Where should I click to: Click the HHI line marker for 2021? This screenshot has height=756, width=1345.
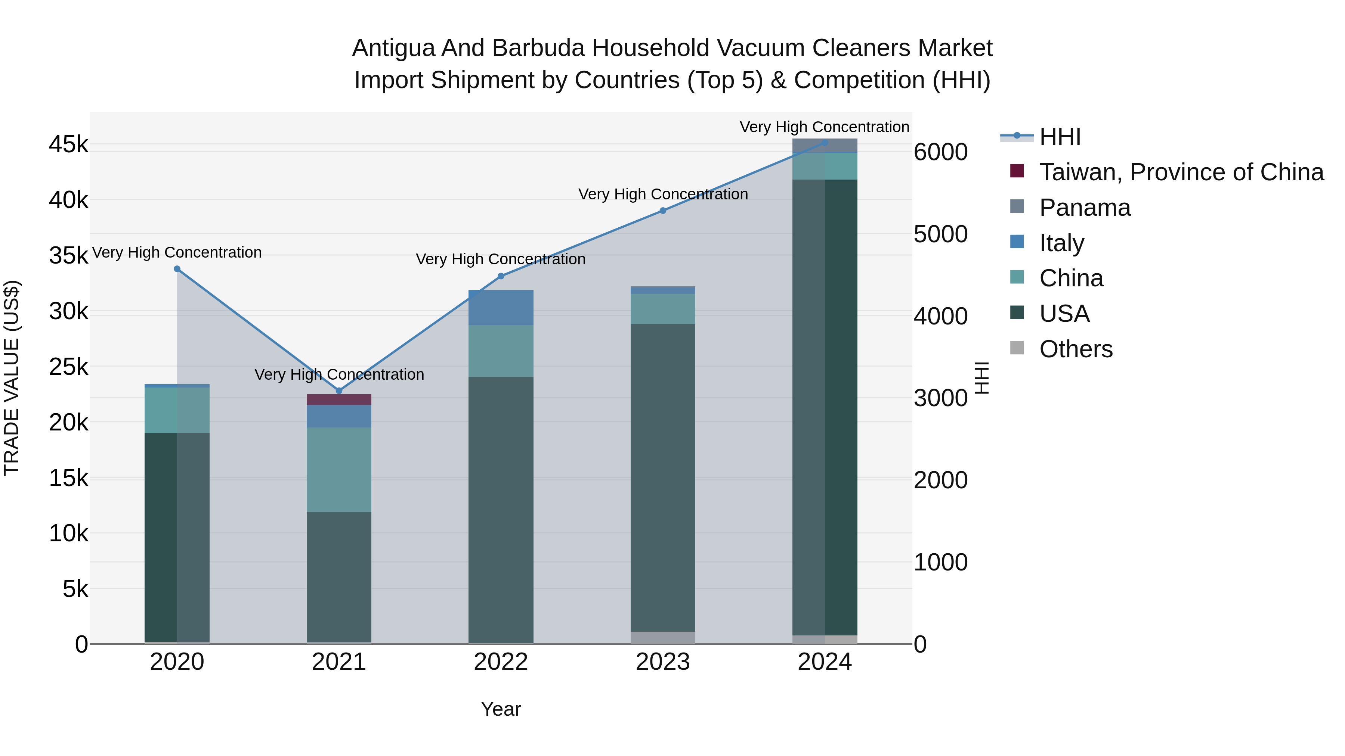click(x=339, y=390)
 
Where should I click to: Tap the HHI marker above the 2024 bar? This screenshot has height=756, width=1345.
click(x=825, y=143)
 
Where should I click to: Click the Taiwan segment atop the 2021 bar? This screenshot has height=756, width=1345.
click(x=339, y=399)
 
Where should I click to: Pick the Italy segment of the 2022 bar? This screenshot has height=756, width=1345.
click(x=501, y=308)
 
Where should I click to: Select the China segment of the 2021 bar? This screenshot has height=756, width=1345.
click(x=339, y=470)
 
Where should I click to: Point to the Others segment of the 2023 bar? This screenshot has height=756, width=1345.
click(x=662, y=638)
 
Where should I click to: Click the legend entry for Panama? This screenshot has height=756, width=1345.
click(x=1085, y=208)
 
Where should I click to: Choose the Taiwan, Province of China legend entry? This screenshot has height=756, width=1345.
click(x=1181, y=172)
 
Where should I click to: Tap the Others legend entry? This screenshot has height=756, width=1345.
click(x=1076, y=349)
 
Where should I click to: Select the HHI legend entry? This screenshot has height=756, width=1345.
click(x=1060, y=137)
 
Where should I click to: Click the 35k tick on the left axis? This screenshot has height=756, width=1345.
click(x=69, y=256)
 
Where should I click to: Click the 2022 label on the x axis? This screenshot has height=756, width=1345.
click(x=501, y=662)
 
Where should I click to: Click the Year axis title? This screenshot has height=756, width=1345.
click(x=501, y=709)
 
